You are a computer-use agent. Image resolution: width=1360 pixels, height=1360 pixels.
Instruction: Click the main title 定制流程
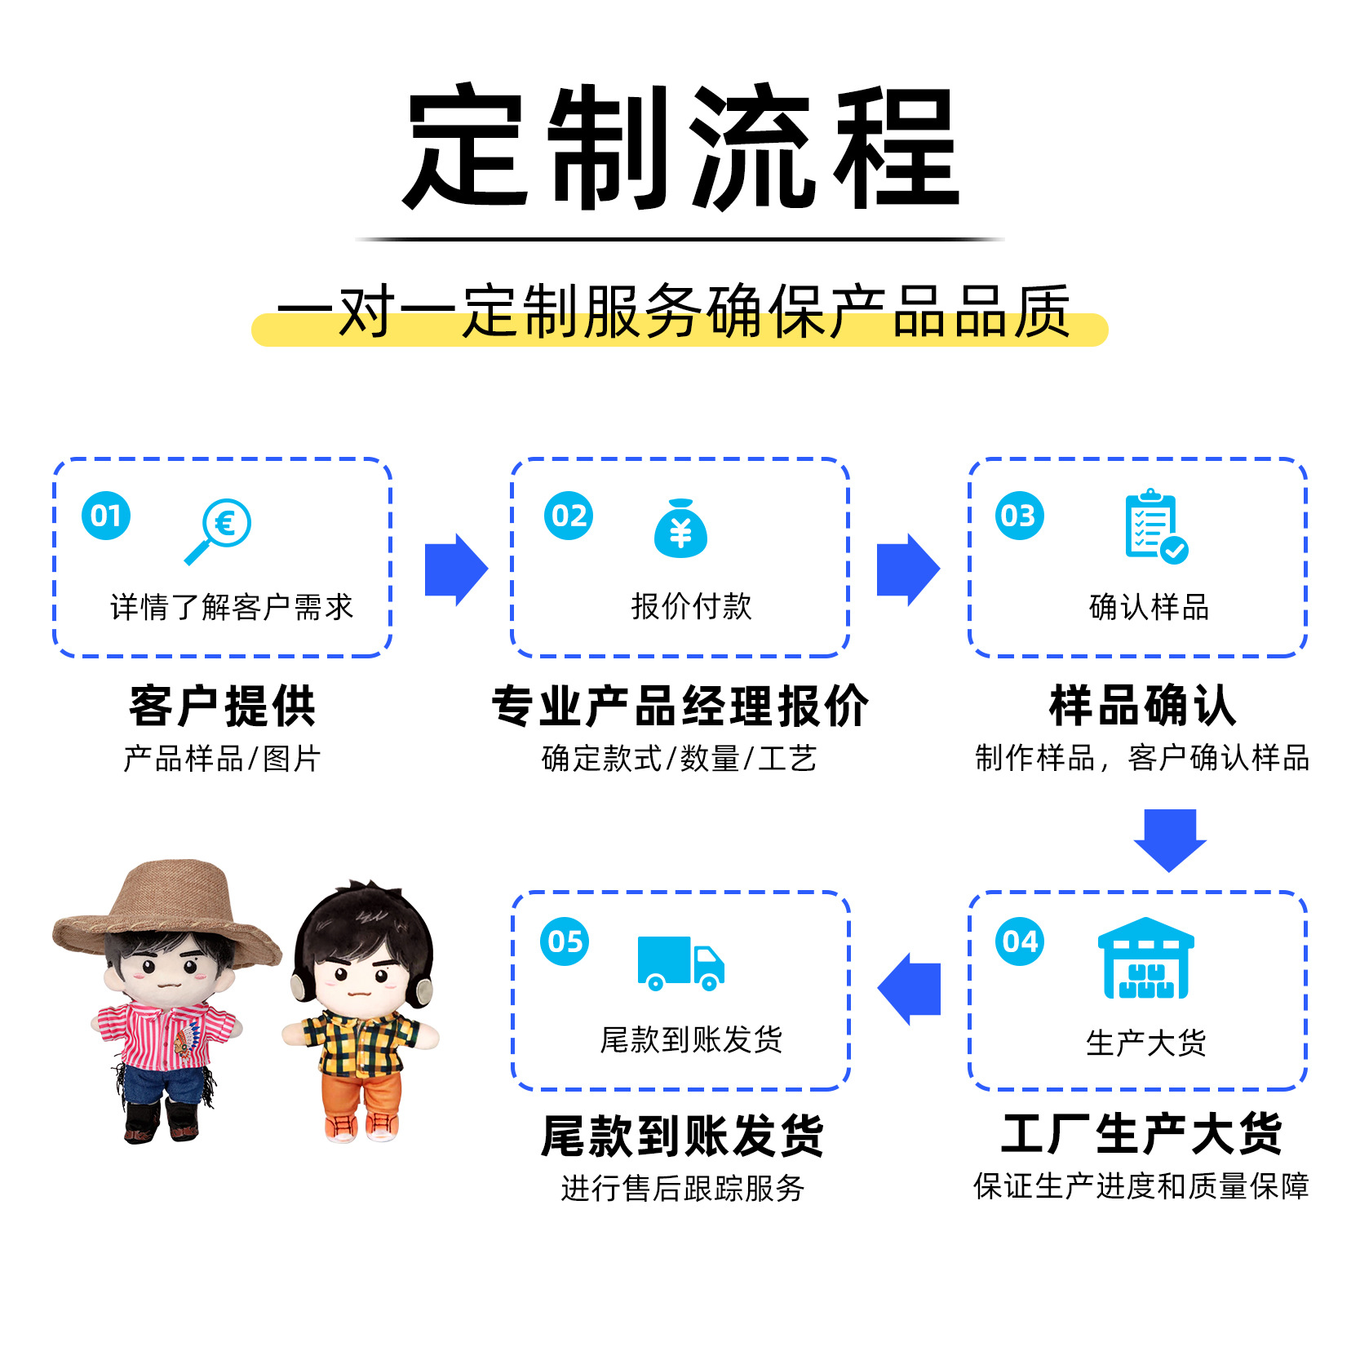coord(680,147)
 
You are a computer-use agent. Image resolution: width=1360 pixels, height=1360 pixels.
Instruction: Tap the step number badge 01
coord(106,516)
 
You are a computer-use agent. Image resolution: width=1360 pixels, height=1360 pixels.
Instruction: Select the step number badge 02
coord(569,516)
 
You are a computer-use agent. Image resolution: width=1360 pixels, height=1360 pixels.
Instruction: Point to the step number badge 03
coord(1019,516)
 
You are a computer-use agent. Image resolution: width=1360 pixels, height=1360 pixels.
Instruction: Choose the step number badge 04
coord(1019,941)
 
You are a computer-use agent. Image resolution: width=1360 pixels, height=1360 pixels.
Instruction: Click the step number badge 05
coord(565,941)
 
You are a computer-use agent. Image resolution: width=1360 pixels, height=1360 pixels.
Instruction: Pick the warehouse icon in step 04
coord(1145,958)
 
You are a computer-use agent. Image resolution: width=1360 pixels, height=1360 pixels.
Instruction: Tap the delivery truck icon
coord(680,963)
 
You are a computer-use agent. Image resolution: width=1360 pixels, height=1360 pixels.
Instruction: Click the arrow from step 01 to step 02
coord(456,569)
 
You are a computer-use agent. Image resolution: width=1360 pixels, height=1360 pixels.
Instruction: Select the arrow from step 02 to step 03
coord(908,569)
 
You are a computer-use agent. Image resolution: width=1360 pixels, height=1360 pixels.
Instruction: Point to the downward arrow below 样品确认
coord(1170,839)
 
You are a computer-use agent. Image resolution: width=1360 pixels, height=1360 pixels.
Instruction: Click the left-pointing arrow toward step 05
coord(909,989)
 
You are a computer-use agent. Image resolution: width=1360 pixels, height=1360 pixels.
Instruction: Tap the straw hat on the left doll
coord(167,906)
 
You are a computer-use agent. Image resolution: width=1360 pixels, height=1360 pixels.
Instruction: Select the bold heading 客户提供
coord(222,707)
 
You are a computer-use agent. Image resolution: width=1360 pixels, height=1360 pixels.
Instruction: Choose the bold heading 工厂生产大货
coord(1141,1134)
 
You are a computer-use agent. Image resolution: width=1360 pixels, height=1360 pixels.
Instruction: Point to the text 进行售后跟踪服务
coord(682,1189)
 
